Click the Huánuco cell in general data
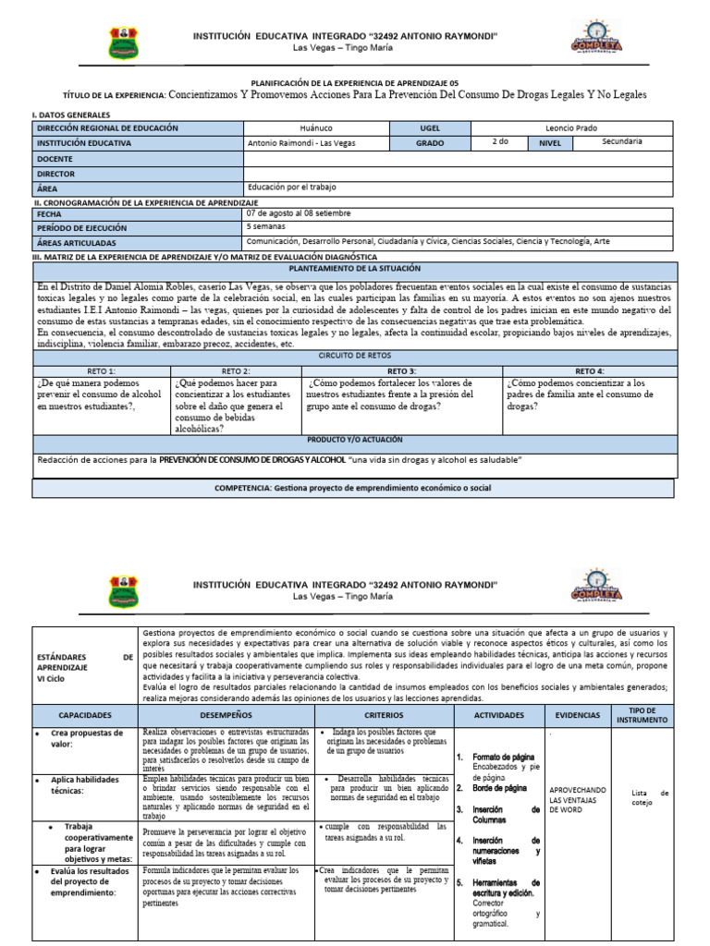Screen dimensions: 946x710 [x=317, y=128]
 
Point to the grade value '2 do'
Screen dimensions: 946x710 [x=502, y=142]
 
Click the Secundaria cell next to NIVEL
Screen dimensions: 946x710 [x=621, y=142]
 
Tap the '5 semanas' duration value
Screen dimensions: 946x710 [x=266, y=226]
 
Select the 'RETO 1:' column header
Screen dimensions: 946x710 [x=101, y=370]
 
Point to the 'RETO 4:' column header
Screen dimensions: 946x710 [x=590, y=370]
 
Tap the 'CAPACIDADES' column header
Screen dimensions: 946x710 [x=85, y=715]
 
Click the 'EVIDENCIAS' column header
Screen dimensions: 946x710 [x=578, y=715]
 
